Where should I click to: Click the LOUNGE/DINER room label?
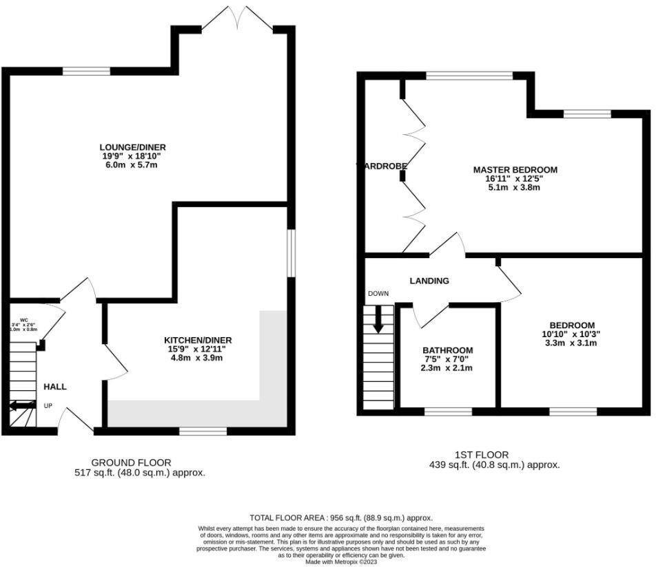coord(132,147)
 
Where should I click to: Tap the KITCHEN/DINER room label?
coord(197,340)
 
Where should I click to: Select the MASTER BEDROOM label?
coord(515,169)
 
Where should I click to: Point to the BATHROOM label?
coord(447,350)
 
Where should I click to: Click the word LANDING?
coord(429,281)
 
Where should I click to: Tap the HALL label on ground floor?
coord(55,387)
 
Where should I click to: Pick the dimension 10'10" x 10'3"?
coord(572,334)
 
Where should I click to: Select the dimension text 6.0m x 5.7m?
coord(132,166)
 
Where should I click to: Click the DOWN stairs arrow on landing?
coord(377,319)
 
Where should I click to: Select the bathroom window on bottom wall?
coord(447,411)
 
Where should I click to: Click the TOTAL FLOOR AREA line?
coord(340,517)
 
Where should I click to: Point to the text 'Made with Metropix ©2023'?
coord(340,561)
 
